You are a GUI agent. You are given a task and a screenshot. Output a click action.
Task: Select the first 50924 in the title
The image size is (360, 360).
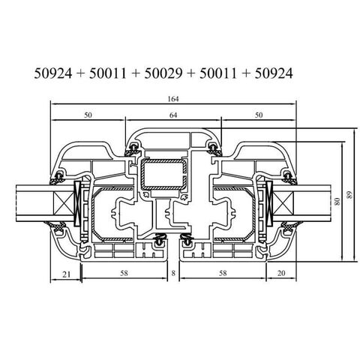pos(53,73)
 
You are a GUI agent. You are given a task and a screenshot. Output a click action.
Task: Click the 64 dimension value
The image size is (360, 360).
pos(175,115)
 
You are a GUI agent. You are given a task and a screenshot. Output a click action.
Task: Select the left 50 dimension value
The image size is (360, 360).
pos(88,115)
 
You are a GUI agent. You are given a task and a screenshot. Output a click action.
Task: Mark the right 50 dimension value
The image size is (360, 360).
pos(259,115)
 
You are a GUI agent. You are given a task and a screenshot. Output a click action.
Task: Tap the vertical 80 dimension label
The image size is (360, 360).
pos(338,201)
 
